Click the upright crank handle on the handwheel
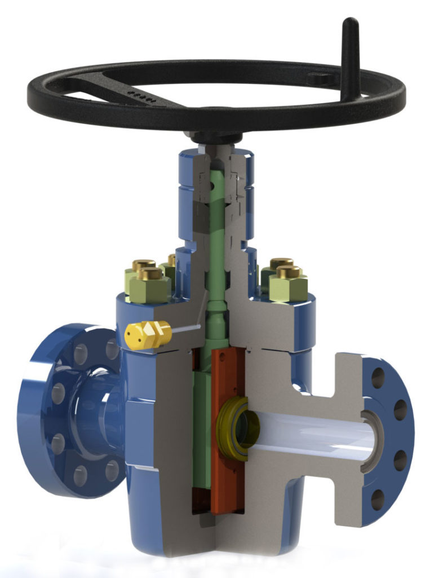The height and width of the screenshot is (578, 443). coord(350,54)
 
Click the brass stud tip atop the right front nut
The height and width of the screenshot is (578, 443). coord(288,272)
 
